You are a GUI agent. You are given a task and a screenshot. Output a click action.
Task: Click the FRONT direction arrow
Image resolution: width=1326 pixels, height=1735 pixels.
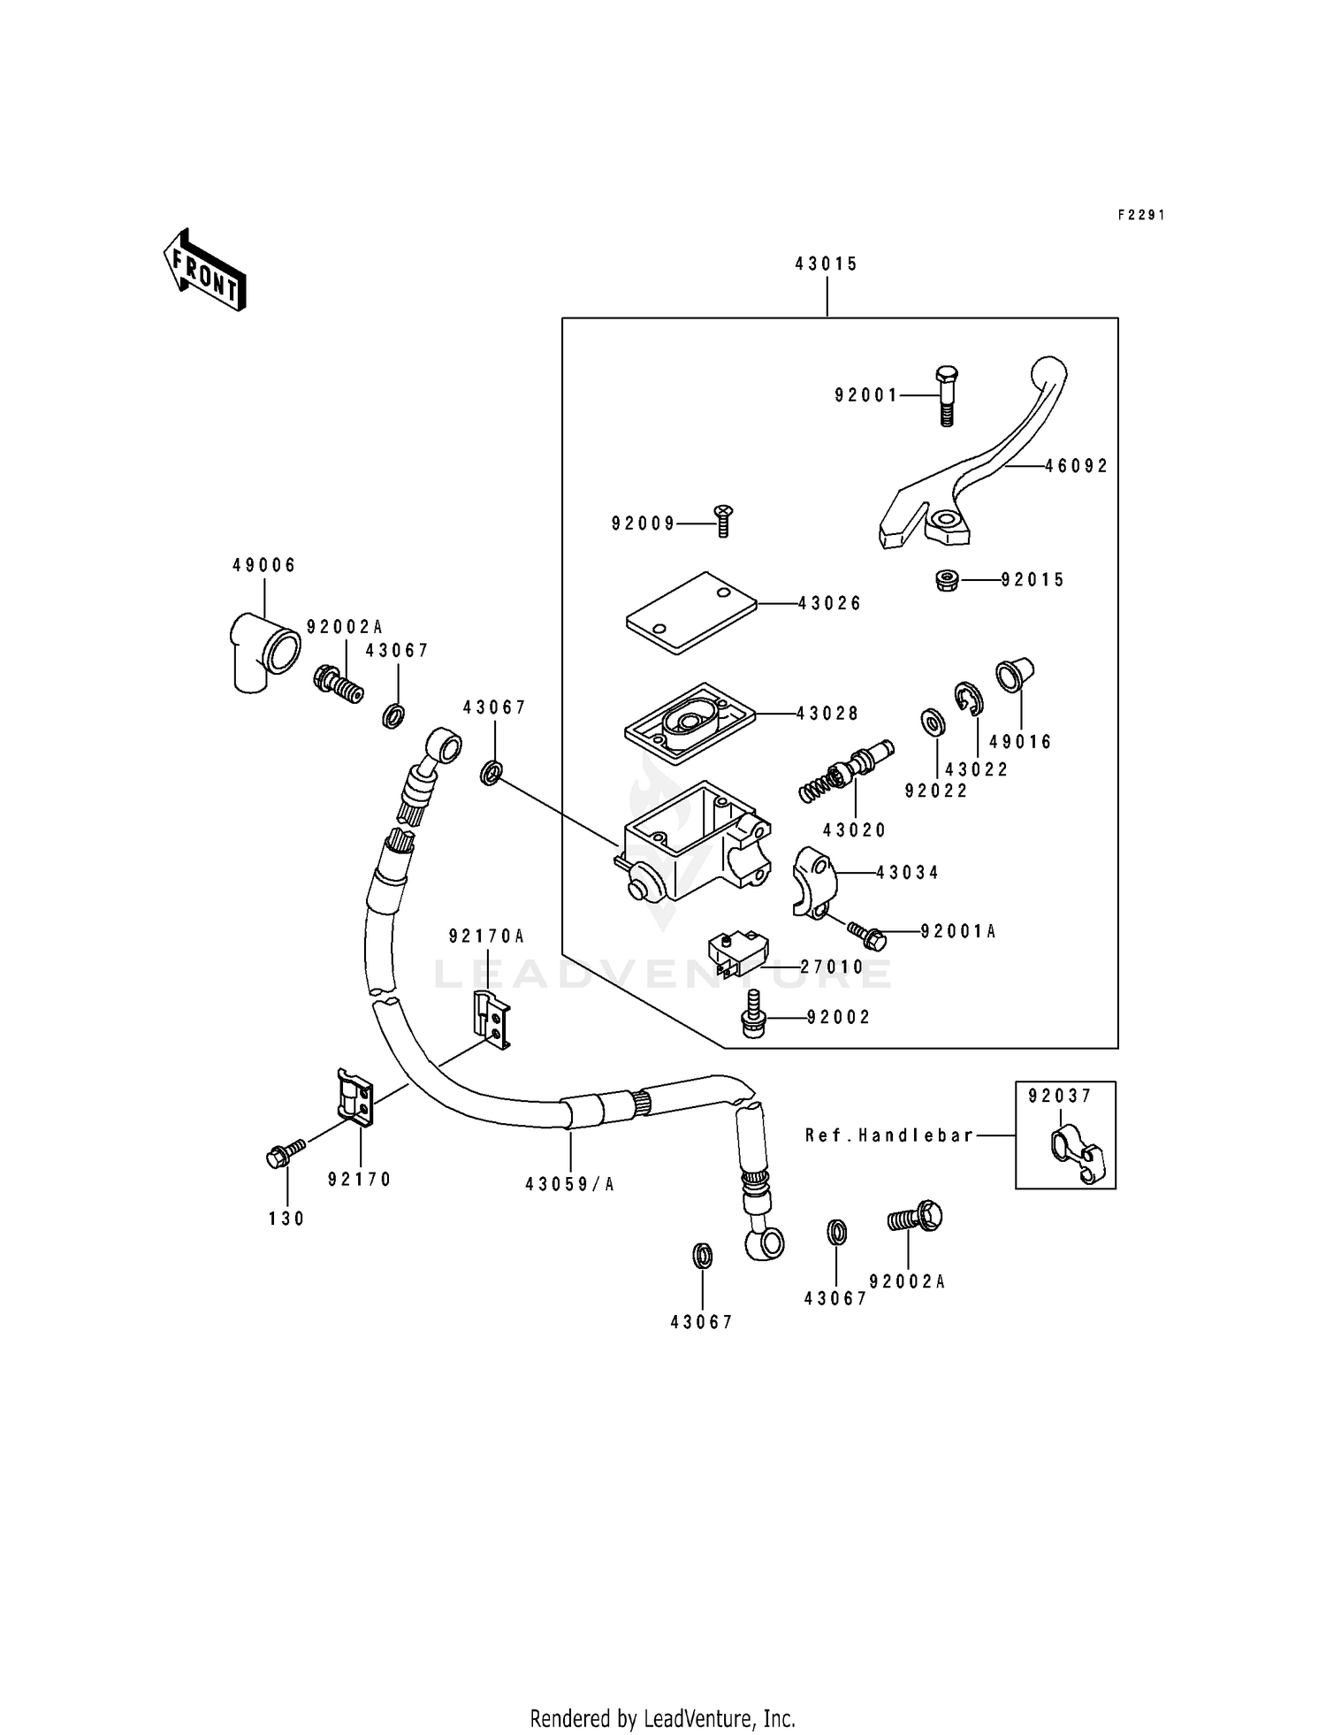click(204, 269)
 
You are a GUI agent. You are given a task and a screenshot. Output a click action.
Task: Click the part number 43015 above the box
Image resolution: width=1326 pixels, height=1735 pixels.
click(827, 264)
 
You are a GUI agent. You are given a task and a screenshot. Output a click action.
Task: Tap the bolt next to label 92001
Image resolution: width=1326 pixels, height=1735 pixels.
click(946, 395)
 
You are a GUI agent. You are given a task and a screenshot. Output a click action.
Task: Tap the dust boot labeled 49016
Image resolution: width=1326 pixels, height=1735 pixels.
click(1014, 674)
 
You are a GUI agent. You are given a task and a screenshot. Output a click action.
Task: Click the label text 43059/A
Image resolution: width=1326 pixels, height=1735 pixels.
click(569, 1184)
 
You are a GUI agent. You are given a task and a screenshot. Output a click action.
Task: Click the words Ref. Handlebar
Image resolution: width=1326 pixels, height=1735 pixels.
click(889, 1135)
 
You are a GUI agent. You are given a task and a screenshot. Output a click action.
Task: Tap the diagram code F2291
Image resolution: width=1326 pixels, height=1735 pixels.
click(1141, 215)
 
